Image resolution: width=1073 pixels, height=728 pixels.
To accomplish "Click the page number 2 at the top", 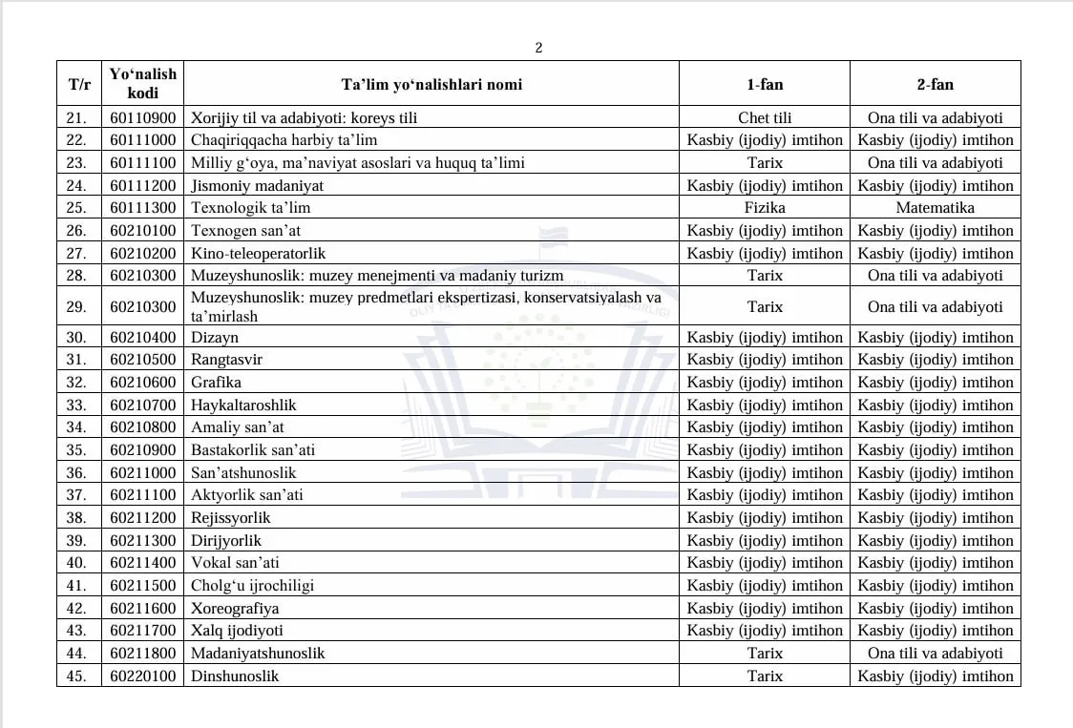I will pyautogui.click(x=538, y=48).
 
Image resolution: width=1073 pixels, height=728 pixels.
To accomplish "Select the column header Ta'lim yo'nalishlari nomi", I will pyautogui.click(x=431, y=84).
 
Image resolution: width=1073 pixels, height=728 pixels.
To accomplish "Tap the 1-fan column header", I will pyautogui.click(x=765, y=84).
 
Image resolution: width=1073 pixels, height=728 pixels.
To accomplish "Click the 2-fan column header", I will pyautogui.click(x=935, y=84).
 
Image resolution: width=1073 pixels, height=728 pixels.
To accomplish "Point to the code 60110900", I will pyautogui.click(x=143, y=118).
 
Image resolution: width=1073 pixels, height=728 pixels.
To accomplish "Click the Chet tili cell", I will pyautogui.click(x=765, y=118).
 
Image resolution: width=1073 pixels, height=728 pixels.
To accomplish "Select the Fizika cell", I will pyautogui.click(x=765, y=208).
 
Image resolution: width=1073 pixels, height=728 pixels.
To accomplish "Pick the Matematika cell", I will pyautogui.click(x=935, y=208).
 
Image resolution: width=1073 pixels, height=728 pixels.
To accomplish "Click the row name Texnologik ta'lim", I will pyautogui.click(x=250, y=208).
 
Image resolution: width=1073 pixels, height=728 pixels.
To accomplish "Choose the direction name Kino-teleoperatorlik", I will pyautogui.click(x=259, y=254).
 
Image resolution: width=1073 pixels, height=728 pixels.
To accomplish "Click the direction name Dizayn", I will pyautogui.click(x=215, y=338).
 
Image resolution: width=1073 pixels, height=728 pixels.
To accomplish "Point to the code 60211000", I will pyautogui.click(x=143, y=473).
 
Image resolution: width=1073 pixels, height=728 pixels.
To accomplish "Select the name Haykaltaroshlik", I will pyautogui.click(x=243, y=406).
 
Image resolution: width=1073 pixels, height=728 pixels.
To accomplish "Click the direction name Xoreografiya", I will pyautogui.click(x=235, y=609).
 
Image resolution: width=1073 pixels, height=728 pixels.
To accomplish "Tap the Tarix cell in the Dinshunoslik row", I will pyautogui.click(x=765, y=676).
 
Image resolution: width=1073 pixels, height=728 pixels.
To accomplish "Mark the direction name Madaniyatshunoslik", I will pyautogui.click(x=258, y=654).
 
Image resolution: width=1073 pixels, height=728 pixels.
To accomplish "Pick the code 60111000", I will pyautogui.click(x=143, y=140).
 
